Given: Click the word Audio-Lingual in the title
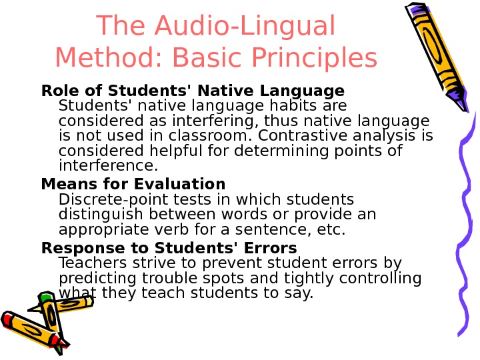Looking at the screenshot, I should coord(243,27).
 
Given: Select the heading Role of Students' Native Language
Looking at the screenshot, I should coord(193,91).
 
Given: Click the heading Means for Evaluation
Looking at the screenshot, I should coord(133,183).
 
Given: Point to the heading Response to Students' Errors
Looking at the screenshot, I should coord(169,249).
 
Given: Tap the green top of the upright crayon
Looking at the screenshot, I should coord(45,297).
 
